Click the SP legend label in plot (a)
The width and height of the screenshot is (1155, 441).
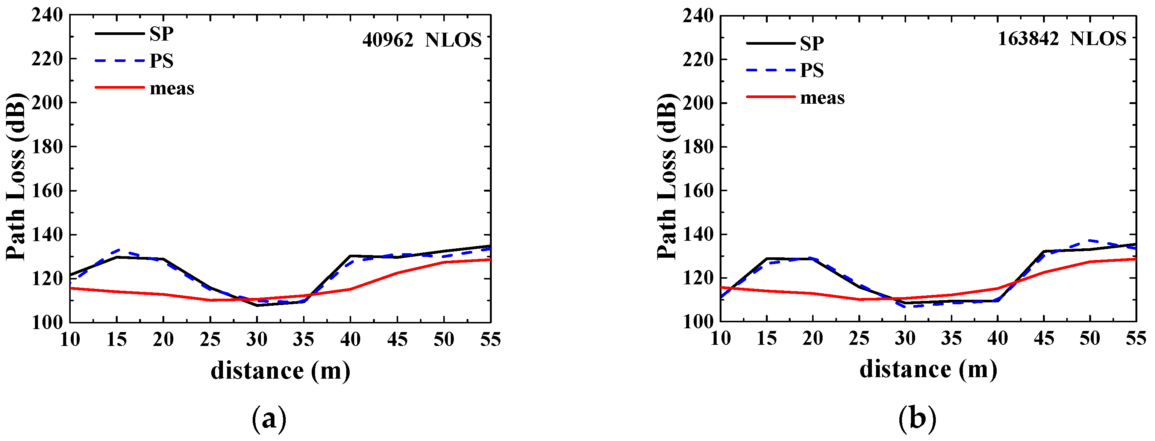coord(161,33)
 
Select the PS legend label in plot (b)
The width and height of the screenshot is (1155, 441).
coord(812,70)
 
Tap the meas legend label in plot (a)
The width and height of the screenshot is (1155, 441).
coord(172,88)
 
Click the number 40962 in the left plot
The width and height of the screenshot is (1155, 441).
coord(387,40)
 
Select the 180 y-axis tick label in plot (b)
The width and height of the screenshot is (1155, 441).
coord(698,146)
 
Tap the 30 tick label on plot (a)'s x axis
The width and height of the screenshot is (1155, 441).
coord(257,339)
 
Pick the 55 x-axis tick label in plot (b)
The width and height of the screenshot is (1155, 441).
coord(1135,338)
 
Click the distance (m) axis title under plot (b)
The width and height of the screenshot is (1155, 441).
coord(928,370)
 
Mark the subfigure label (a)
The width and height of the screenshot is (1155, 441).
coord(269,418)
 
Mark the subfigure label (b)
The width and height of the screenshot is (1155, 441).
coord(917,418)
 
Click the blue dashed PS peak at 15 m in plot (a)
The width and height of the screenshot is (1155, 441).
coord(117,250)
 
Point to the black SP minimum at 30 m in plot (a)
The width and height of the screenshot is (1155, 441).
coord(257,305)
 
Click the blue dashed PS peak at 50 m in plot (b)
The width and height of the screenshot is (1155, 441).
coord(1090,241)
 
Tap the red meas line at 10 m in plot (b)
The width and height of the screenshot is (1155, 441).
coord(722,287)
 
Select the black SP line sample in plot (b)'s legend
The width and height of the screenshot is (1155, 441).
coord(770,43)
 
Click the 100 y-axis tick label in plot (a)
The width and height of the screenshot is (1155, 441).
coord(47,322)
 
